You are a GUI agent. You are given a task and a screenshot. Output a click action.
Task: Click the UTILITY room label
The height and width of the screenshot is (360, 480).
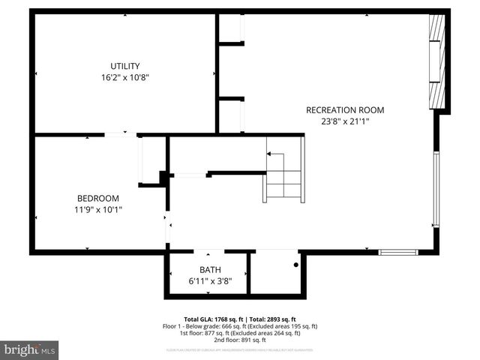click(124, 66)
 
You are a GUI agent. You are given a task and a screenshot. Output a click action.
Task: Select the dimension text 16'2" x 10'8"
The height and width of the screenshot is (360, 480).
click(124, 77)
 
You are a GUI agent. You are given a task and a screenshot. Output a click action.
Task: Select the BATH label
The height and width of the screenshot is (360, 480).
click(210, 270)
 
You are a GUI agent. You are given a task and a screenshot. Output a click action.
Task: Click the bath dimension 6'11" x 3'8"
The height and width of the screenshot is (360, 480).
click(210, 281)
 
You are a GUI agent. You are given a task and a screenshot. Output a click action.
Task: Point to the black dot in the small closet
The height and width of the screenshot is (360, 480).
click(295, 265)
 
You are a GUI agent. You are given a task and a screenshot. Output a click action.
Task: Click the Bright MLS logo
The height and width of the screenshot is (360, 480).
click(30, 349)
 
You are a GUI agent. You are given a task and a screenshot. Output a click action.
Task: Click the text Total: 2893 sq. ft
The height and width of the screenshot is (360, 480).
click(270, 319)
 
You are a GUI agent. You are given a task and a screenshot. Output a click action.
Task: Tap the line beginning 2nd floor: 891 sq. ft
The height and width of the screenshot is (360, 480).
click(240, 340)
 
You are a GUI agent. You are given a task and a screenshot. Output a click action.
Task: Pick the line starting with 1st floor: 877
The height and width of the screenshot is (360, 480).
click(240, 333)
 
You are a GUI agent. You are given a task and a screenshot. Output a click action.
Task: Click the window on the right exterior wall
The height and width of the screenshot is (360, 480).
click(436, 189)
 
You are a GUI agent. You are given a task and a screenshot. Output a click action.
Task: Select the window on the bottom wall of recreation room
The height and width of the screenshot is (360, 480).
click(397, 252)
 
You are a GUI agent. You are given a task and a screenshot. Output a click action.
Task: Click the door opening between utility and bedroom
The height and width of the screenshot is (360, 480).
click(120, 135)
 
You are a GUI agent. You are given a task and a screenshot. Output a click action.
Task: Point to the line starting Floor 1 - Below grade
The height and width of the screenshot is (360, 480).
click(240, 326)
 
